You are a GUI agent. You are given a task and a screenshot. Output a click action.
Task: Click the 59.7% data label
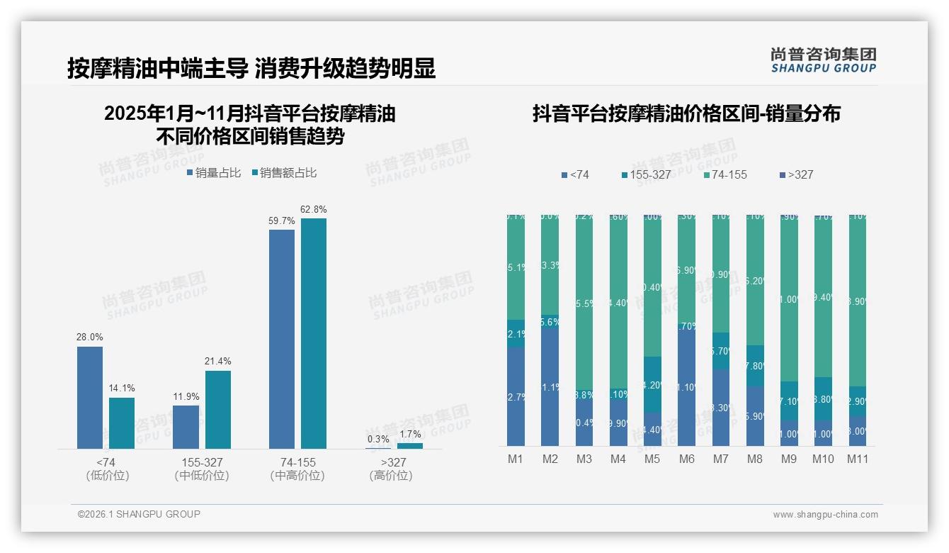281,221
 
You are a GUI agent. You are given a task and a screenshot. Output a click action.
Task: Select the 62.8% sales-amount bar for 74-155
313,333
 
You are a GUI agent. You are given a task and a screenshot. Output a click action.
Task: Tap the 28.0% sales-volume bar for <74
90,397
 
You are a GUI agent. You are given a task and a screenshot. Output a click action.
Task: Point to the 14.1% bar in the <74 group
122,423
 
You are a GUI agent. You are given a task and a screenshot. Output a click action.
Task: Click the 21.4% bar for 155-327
218,409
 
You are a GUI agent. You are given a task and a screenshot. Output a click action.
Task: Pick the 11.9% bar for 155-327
186,427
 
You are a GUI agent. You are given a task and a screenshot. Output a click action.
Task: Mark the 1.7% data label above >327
409,435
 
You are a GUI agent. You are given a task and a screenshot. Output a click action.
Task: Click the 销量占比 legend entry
213,172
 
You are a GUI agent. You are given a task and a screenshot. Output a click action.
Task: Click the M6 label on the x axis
686,459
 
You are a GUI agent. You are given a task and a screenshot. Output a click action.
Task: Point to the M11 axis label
858,459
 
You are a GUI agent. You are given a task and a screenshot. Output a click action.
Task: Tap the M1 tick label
516,459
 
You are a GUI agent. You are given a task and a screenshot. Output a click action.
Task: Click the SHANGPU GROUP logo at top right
823,60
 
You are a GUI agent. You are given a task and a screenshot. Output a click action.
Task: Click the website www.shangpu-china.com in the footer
825,515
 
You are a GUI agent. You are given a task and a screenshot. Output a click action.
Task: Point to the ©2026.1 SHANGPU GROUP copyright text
139,514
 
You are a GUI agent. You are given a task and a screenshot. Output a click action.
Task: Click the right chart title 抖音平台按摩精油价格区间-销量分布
686,113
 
